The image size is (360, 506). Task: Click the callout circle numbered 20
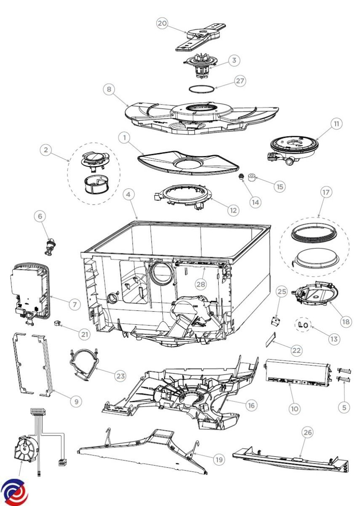tap(162, 23)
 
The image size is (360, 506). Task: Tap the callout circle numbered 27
tap(240, 81)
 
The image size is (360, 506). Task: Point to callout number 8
tap(109, 89)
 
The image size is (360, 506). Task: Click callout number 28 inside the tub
tap(201, 284)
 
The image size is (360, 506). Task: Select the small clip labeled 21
tap(57, 323)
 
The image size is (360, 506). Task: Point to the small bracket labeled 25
tap(275, 322)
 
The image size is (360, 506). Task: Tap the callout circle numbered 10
tap(294, 408)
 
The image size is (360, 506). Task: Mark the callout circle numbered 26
tap(307, 432)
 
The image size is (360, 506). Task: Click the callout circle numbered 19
tap(218, 459)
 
